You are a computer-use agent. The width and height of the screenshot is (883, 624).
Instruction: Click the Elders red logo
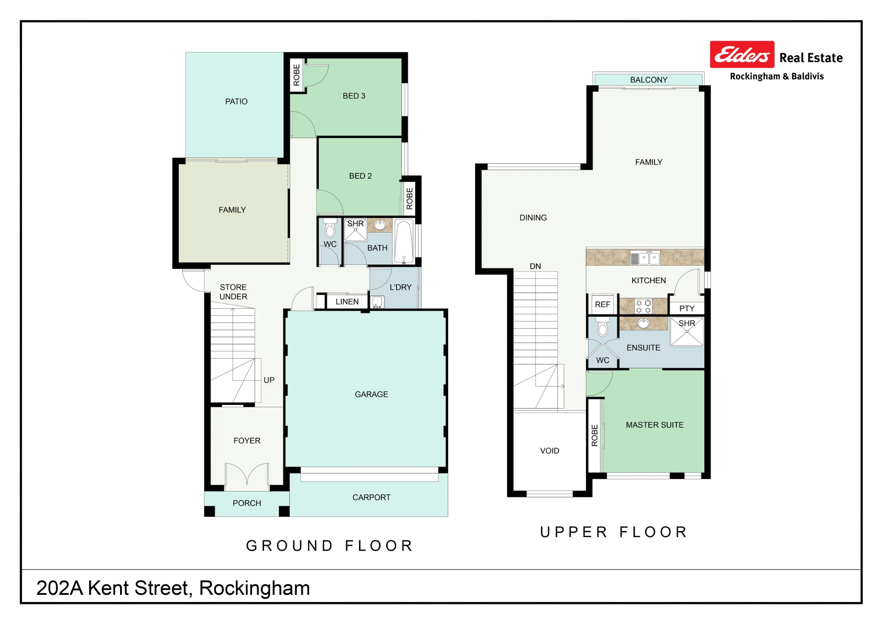click(x=742, y=54)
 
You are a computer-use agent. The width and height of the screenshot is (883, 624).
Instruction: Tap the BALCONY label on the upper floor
click(x=649, y=80)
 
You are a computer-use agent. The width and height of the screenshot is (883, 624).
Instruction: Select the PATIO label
click(x=236, y=101)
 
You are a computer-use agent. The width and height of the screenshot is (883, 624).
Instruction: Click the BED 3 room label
click(x=354, y=96)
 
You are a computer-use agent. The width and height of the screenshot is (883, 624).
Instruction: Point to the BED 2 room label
click(x=360, y=176)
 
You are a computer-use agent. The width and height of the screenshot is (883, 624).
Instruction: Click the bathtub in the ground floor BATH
click(x=404, y=241)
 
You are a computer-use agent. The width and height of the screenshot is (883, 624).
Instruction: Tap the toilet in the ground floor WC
click(x=330, y=228)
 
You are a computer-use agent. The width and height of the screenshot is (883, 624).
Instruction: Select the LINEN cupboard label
click(x=347, y=302)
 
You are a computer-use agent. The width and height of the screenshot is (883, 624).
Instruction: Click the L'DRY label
click(x=400, y=287)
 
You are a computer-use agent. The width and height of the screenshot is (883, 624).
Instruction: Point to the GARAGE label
click(x=371, y=395)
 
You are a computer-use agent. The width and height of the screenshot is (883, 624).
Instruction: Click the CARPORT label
click(x=371, y=497)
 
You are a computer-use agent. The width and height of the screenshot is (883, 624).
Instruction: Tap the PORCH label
click(x=247, y=503)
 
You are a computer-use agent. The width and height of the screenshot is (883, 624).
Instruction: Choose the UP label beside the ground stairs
click(x=269, y=380)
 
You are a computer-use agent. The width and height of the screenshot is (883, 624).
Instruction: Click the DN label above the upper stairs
click(x=535, y=266)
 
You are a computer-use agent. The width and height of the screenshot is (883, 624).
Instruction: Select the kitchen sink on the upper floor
click(x=645, y=258)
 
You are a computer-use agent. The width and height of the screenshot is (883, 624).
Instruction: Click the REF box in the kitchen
click(x=602, y=304)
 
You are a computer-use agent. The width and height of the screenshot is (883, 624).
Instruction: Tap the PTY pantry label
click(x=687, y=308)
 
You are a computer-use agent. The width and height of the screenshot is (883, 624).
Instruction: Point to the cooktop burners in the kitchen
click(x=643, y=306)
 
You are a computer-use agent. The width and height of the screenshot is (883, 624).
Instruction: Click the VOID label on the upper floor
click(x=550, y=451)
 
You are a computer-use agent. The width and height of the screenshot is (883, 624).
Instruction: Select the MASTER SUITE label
click(x=655, y=425)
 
